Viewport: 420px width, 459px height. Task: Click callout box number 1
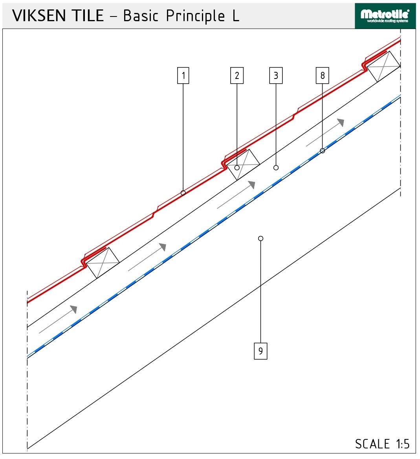tap(183, 75)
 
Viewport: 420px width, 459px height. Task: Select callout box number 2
tap(237, 75)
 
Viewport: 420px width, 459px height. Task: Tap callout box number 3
tap(276, 75)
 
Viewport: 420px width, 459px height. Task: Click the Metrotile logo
tap(385, 16)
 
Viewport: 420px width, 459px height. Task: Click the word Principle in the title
tap(195, 16)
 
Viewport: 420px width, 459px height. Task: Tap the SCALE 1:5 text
tap(382, 444)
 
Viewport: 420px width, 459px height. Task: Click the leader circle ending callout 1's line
tap(183, 193)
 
